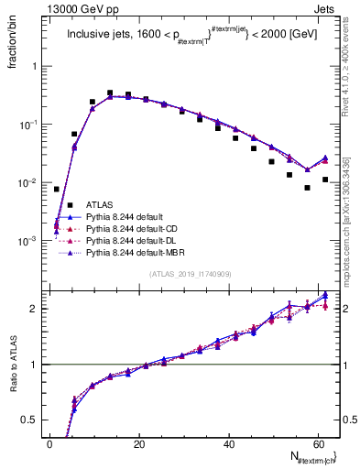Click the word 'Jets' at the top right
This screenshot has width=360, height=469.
click(x=326, y=7)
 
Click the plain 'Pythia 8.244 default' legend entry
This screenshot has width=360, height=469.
click(x=125, y=216)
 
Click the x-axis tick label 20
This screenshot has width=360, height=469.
click(x=138, y=444)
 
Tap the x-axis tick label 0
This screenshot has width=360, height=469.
click(x=50, y=444)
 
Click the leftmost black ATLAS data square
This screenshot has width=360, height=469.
click(x=57, y=189)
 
